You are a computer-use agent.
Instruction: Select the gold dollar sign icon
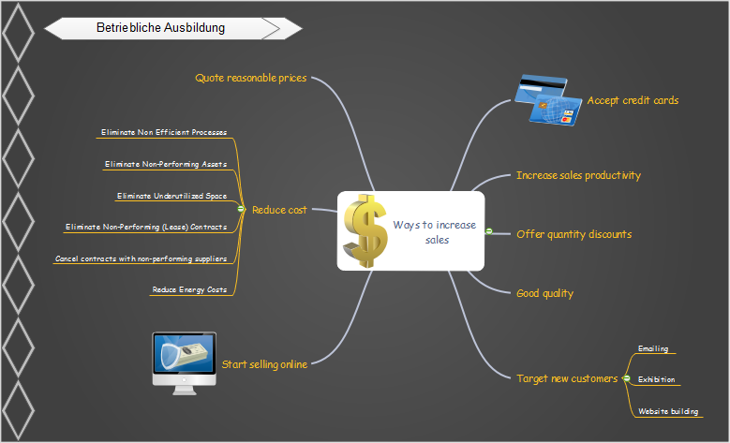[365, 231]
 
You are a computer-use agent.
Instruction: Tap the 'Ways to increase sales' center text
[434, 232]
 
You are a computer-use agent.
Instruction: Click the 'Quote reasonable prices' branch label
[250, 78]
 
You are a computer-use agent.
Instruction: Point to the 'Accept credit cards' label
[633, 100]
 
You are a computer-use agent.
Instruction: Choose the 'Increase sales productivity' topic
[578, 175]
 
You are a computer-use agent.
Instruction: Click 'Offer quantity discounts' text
[574, 234]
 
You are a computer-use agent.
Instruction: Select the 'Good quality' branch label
[544, 293]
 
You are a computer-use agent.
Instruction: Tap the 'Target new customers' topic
[567, 378]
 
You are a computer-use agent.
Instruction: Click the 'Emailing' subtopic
[653, 349]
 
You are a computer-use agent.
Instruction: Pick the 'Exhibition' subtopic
[655, 380]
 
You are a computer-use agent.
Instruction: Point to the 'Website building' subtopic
[667, 411]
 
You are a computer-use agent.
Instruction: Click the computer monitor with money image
[185, 362]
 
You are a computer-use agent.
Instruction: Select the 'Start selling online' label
[264, 364]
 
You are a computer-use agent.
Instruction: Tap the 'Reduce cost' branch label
[279, 210]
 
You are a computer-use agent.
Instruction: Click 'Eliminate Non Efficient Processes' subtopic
[164, 132]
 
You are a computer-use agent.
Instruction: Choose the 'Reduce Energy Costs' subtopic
[190, 289]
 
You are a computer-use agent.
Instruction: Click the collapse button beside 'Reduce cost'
[242, 209]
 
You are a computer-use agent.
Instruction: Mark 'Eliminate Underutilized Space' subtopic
[171, 196]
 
